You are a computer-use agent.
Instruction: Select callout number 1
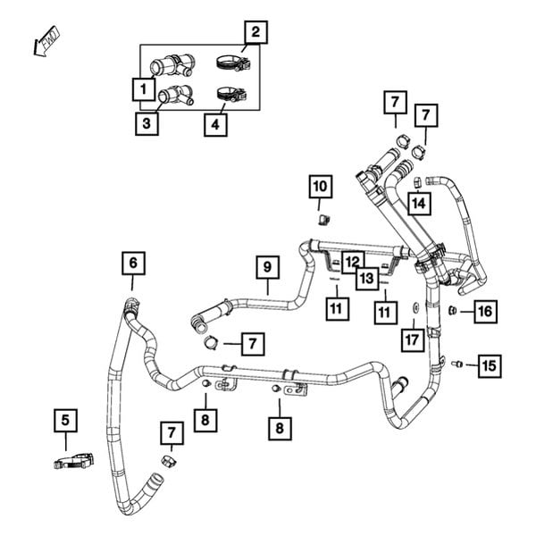(x=140, y=88)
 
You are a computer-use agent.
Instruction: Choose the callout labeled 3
(x=147, y=122)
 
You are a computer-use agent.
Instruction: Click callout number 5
(x=64, y=417)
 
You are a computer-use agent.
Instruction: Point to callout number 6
(x=132, y=263)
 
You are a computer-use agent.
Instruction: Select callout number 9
(x=265, y=265)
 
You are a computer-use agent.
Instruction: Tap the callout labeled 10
(x=319, y=187)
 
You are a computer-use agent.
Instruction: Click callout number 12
(x=353, y=261)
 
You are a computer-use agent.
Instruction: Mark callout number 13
(x=366, y=279)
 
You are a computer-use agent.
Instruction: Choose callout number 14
(x=418, y=204)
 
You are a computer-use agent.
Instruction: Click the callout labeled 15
(x=488, y=364)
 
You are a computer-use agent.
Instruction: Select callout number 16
(x=483, y=311)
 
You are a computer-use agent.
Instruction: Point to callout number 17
(x=411, y=339)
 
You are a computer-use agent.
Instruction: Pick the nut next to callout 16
(x=453, y=310)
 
